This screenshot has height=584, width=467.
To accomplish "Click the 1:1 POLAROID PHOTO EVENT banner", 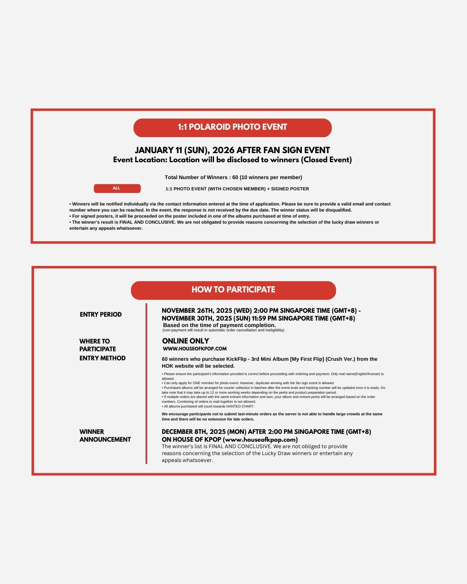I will point(232,127).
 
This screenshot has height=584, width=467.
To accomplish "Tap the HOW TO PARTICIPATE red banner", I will point(233,290).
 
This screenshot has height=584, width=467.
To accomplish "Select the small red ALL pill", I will point(117,188).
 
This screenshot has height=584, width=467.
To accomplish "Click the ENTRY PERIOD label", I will point(100,314).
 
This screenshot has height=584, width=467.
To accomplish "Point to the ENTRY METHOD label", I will point(102,358).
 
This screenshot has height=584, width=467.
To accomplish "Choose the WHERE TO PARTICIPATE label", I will point(97,345).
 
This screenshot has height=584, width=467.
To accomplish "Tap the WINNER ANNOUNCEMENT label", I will point(105,436).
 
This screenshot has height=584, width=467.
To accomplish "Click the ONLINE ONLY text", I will point(185,341).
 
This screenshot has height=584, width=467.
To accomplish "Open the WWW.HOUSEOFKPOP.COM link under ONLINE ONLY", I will point(195,349).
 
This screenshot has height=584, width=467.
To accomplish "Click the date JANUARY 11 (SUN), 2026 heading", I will point(232,150).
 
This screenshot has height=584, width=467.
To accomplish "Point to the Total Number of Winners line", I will point(233,177).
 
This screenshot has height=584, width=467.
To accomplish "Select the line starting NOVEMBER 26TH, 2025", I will point(261,311).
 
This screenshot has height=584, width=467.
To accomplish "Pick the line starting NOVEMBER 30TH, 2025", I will point(258,318).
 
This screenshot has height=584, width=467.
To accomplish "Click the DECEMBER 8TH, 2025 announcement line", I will point(266,432).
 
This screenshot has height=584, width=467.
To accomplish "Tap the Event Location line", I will point(232,160).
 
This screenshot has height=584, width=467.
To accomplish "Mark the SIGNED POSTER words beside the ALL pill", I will point(290,189).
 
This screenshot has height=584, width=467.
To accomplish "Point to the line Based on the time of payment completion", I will point(219,325).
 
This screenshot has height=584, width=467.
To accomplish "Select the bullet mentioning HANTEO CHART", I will point(208,407).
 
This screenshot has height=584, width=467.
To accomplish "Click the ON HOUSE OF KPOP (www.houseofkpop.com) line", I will point(230,440).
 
